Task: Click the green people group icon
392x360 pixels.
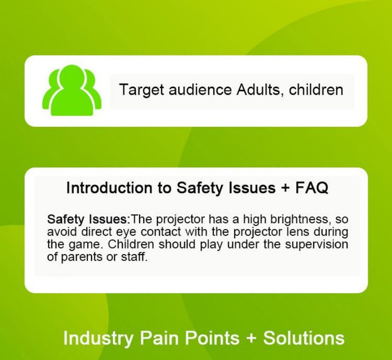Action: click(x=71, y=90)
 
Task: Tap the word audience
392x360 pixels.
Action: click(x=200, y=90)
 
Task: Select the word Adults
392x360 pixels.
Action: click(x=260, y=90)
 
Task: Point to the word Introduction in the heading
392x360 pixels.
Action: click(x=109, y=187)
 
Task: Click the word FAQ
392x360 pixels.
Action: click(x=312, y=187)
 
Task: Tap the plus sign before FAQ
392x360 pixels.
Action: click(x=285, y=188)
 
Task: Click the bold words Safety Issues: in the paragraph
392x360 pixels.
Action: click(x=89, y=219)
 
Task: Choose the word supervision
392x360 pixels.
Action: click(x=316, y=244)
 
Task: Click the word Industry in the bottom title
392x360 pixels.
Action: click(x=98, y=338)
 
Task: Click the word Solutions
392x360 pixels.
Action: click(x=304, y=338)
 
